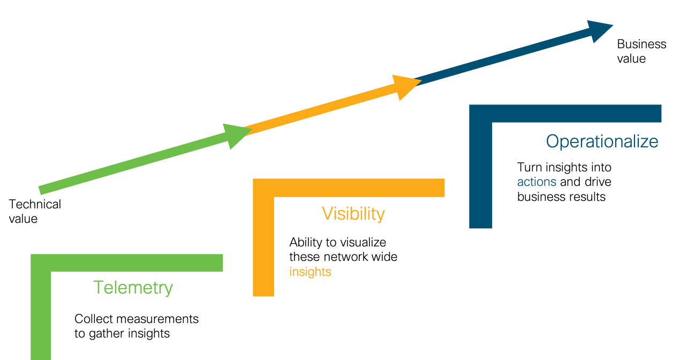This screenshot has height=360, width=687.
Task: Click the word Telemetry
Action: (133, 288)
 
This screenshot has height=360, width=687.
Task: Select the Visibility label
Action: (353, 214)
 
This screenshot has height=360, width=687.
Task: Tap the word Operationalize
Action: (602, 141)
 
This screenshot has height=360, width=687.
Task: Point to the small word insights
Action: (310, 272)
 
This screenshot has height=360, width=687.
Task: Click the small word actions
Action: (537, 182)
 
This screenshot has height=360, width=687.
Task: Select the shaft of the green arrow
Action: (134, 163)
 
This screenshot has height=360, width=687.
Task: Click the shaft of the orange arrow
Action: (321, 111)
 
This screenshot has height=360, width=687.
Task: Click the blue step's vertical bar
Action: (480, 177)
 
